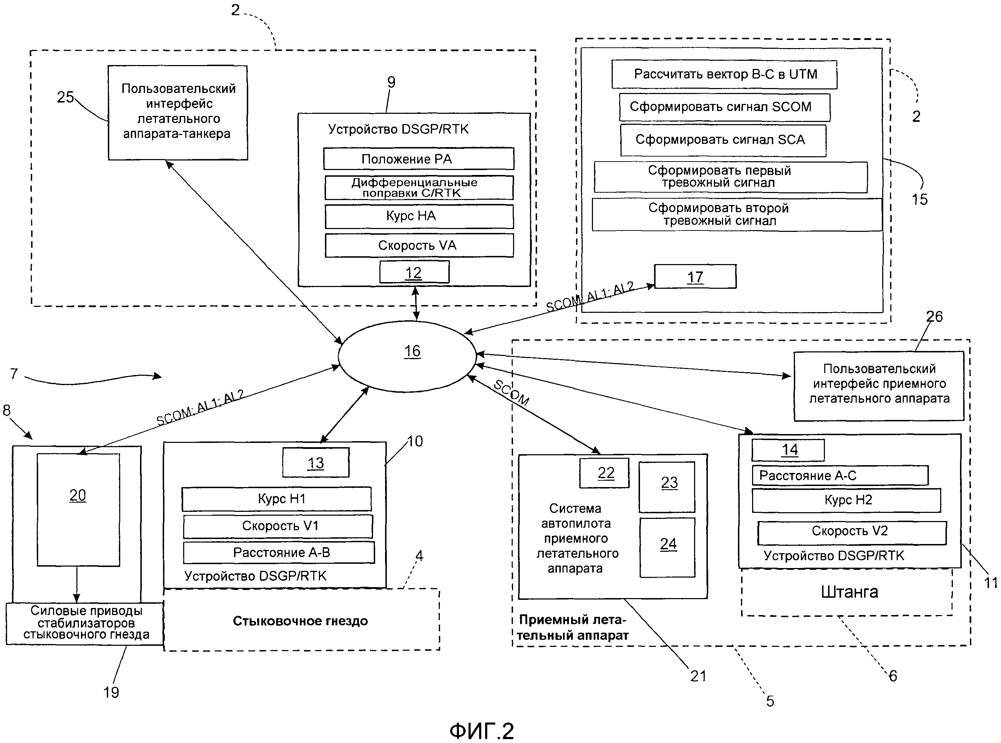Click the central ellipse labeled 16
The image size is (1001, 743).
[407, 356]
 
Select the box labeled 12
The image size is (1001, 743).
[414, 272]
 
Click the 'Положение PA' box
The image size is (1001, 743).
[418, 159]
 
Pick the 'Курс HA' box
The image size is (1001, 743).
[419, 216]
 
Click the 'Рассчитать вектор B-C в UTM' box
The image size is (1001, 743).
[724, 75]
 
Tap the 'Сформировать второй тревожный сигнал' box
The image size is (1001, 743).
[737, 215]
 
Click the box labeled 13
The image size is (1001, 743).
[316, 463]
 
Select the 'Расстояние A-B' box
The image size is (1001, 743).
[279, 553]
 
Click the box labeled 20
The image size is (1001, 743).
[78, 510]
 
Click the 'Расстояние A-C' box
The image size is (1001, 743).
[839, 475]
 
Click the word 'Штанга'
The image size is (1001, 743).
[849, 592]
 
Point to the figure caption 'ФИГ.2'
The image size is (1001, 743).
[481, 731]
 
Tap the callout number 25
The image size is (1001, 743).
[65, 97]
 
